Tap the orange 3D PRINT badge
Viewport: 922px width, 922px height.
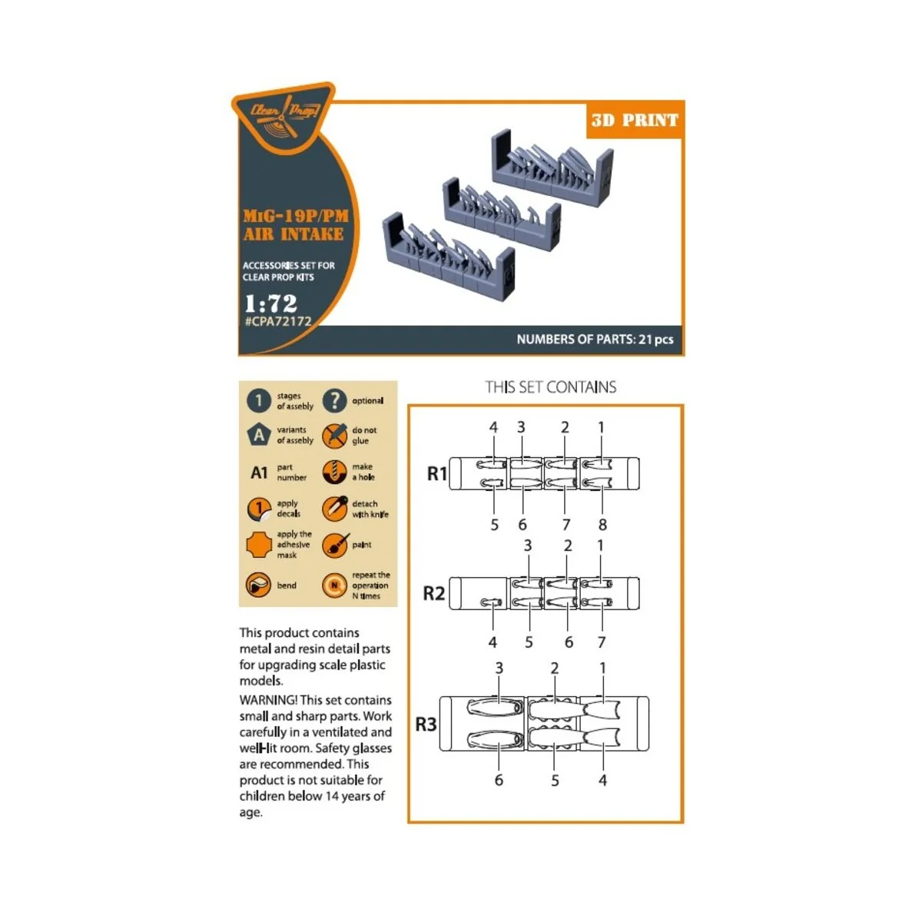click(635, 120)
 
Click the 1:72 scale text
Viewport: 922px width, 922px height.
click(270, 303)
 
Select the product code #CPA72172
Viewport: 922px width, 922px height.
click(278, 322)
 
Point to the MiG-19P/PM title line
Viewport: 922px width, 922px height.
click(296, 216)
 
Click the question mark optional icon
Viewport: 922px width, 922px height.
click(334, 400)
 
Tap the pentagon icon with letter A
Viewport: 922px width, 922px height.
click(259, 435)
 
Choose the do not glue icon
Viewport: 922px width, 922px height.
click(334, 436)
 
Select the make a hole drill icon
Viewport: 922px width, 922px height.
click(334, 472)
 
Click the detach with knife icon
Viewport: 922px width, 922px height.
click(334, 509)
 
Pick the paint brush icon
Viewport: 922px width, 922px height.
click(334, 545)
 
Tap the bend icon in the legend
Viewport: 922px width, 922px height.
click(259, 585)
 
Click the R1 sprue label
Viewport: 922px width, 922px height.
click(436, 474)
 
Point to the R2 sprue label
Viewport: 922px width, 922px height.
click(434, 593)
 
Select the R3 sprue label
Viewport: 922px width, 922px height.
click(426, 724)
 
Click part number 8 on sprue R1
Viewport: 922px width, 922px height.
click(602, 525)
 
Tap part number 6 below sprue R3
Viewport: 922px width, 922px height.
click(499, 780)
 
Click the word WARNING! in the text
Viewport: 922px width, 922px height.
click(268, 700)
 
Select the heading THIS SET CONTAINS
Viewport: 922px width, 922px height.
click(550, 387)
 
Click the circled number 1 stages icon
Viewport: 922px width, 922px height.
click(259, 400)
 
